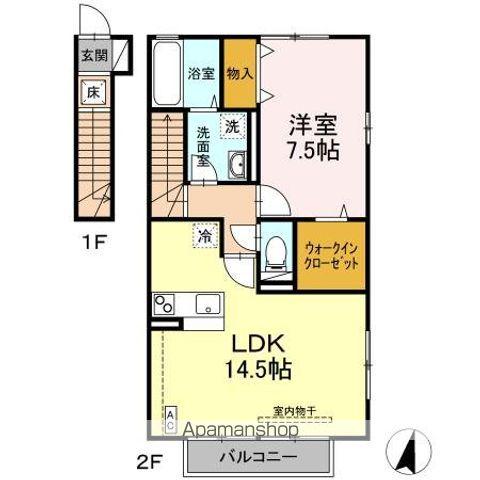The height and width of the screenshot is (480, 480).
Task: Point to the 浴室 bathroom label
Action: coord(201,73)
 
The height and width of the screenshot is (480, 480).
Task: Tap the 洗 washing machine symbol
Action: coord(231,126)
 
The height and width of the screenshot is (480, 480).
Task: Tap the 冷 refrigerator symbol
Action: coord(203,237)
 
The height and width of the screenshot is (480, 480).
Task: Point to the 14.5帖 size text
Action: coord(257,370)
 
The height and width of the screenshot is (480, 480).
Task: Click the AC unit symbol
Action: coord(170,418)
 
